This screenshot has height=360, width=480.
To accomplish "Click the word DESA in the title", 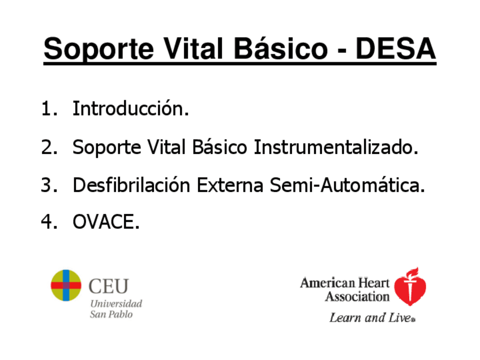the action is [396, 48].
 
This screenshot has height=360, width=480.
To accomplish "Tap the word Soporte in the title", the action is [98, 50].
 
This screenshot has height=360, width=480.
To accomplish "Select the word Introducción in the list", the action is [131, 108].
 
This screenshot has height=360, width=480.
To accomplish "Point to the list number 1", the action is [49, 109].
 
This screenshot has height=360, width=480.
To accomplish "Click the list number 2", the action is [49, 147].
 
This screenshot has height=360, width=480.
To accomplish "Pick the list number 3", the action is [49, 185].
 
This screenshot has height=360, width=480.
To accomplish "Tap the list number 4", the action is [49, 222].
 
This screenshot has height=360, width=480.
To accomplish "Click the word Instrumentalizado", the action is [336, 147].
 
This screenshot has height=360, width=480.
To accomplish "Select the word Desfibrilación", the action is [131, 185].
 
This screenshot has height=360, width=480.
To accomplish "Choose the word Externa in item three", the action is [230, 185].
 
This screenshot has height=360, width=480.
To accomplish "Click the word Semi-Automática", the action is [348, 185].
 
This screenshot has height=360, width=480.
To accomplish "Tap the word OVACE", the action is [106, 222].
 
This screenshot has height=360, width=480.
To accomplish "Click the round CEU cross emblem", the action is [66, 285].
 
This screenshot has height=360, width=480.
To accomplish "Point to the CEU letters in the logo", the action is [109, 286].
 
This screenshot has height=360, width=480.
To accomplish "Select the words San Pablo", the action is [111, 314].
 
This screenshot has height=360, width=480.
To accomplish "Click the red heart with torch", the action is [410, 287].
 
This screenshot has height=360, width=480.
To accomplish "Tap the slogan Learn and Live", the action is [372, 318].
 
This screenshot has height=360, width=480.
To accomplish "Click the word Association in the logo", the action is [357, 297].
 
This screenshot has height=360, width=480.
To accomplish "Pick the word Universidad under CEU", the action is [117, 303].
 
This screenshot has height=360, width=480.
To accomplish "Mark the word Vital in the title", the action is [194, 49].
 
